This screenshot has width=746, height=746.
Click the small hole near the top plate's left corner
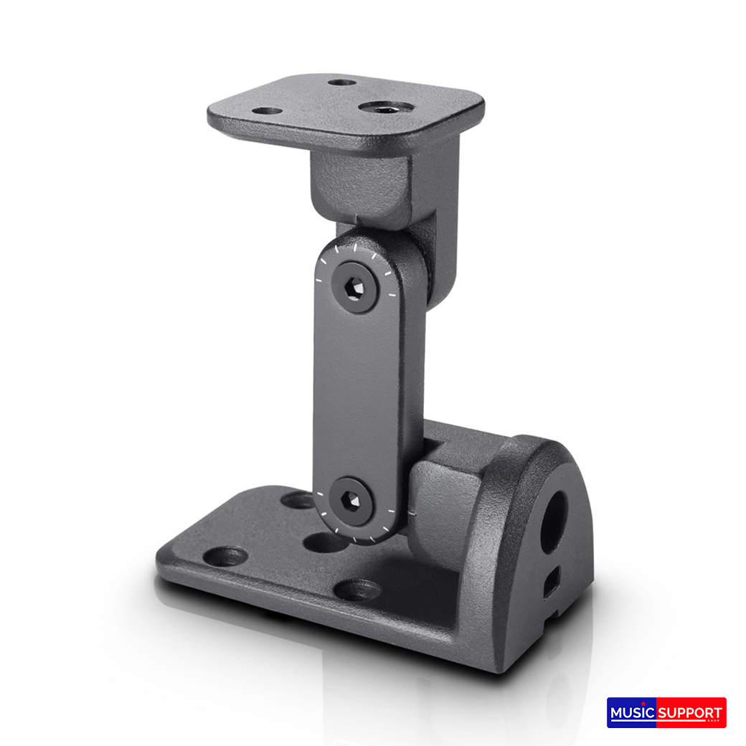click(268, 112)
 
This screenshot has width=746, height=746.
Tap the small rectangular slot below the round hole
click(550, 583)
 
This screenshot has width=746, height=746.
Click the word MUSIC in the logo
click(632, 713)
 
